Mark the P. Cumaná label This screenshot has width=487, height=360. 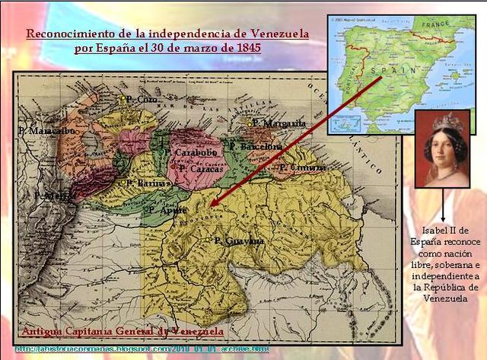pyautogui.click(x=304, y=167)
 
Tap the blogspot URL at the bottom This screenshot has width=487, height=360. pyautogui.click(x=142, y=349)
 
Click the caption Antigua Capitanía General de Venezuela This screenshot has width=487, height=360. pyautogui.click(x=123, y=332)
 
